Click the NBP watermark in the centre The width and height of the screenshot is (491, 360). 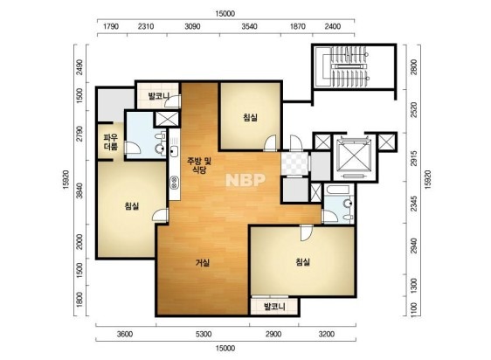pos(245,180)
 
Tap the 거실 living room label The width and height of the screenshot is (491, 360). pos(203,262)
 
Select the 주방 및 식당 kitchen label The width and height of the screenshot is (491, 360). pos(199,165)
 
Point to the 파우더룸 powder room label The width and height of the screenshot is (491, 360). pos(111,142)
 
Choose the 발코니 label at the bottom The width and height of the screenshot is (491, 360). pos(274,307)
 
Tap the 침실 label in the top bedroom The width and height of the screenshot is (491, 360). pos(250,117)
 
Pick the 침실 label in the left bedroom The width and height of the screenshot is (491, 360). pos(132,206)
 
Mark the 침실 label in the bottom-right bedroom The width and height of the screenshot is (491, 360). pos(303,261)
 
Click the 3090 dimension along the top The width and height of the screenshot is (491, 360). pos(192,26)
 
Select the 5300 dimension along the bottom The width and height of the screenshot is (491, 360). pos(204,334)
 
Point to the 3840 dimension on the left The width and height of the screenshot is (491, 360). pos(80,190)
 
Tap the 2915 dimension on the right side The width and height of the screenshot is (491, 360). pos(413,158)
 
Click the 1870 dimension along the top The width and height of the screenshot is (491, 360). pos(297,26)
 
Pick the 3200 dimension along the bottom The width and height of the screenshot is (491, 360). pos(327,334)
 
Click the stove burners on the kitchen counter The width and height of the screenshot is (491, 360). pos(174,183)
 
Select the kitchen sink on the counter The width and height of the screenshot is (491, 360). pos(174,151)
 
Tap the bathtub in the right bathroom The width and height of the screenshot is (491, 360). pos(337,190)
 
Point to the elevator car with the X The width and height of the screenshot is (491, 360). pos(354,156)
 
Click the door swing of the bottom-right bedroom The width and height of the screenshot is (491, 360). pos(307,233)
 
